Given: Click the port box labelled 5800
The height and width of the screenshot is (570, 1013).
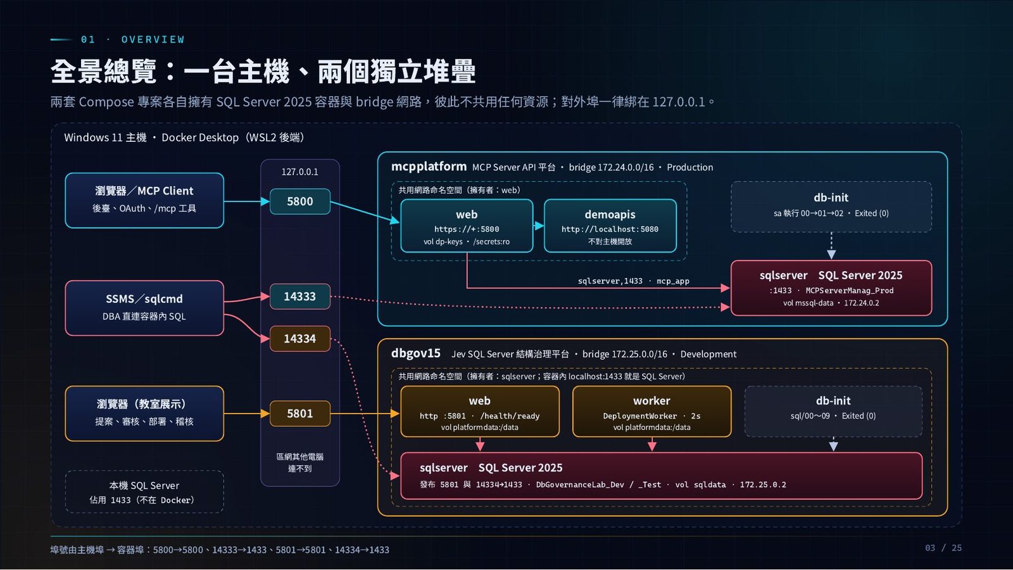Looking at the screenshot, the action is click(300, 201).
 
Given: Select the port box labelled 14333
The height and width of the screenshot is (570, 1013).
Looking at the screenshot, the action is click(300, 296).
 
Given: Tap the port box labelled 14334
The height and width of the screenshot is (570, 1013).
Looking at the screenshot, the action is click(300, 338).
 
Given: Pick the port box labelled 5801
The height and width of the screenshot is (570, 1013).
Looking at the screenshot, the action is click(300, 414).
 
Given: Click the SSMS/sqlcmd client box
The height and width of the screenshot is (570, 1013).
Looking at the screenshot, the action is click(144, 308).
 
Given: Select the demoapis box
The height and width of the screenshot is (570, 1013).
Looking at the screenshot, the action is click(610, 225).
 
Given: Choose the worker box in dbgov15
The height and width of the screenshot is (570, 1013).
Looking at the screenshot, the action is click(651, 412).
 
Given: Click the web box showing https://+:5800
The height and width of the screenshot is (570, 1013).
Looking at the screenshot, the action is click(467, 225).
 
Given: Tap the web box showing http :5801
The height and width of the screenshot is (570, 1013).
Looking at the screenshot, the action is click(480, 412).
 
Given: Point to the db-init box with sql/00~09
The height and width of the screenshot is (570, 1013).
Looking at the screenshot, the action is click(833, 412).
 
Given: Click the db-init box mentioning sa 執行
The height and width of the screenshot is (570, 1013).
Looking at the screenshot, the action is click(831, 206).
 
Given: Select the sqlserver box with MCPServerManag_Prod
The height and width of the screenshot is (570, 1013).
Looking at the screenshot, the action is click(831, 288).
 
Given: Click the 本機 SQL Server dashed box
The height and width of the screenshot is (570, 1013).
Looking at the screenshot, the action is click(144, 491).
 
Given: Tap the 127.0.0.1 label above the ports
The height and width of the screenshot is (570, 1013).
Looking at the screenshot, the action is click(300, 172).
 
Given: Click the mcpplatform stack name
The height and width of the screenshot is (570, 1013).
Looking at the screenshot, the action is click(429, 167).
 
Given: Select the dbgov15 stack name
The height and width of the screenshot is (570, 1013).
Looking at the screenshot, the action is click(415, 353).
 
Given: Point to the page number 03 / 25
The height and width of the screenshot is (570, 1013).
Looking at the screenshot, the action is click(943, 548).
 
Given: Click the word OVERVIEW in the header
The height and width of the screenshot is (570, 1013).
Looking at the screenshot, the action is click(153, 40).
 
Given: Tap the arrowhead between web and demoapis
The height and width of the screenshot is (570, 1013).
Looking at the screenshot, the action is click(539, 225).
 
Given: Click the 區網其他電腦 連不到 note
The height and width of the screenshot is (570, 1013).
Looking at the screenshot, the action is click(300, 462).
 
